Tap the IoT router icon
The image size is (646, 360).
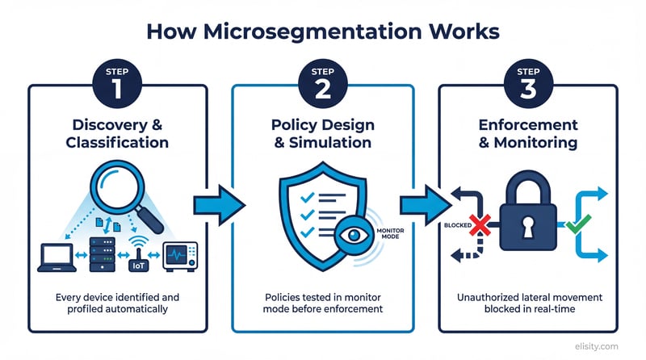click(138, 255)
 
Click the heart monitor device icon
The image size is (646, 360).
click(180, 257)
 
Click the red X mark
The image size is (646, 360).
click(482, 226)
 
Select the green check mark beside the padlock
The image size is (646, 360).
click(575, 224)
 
